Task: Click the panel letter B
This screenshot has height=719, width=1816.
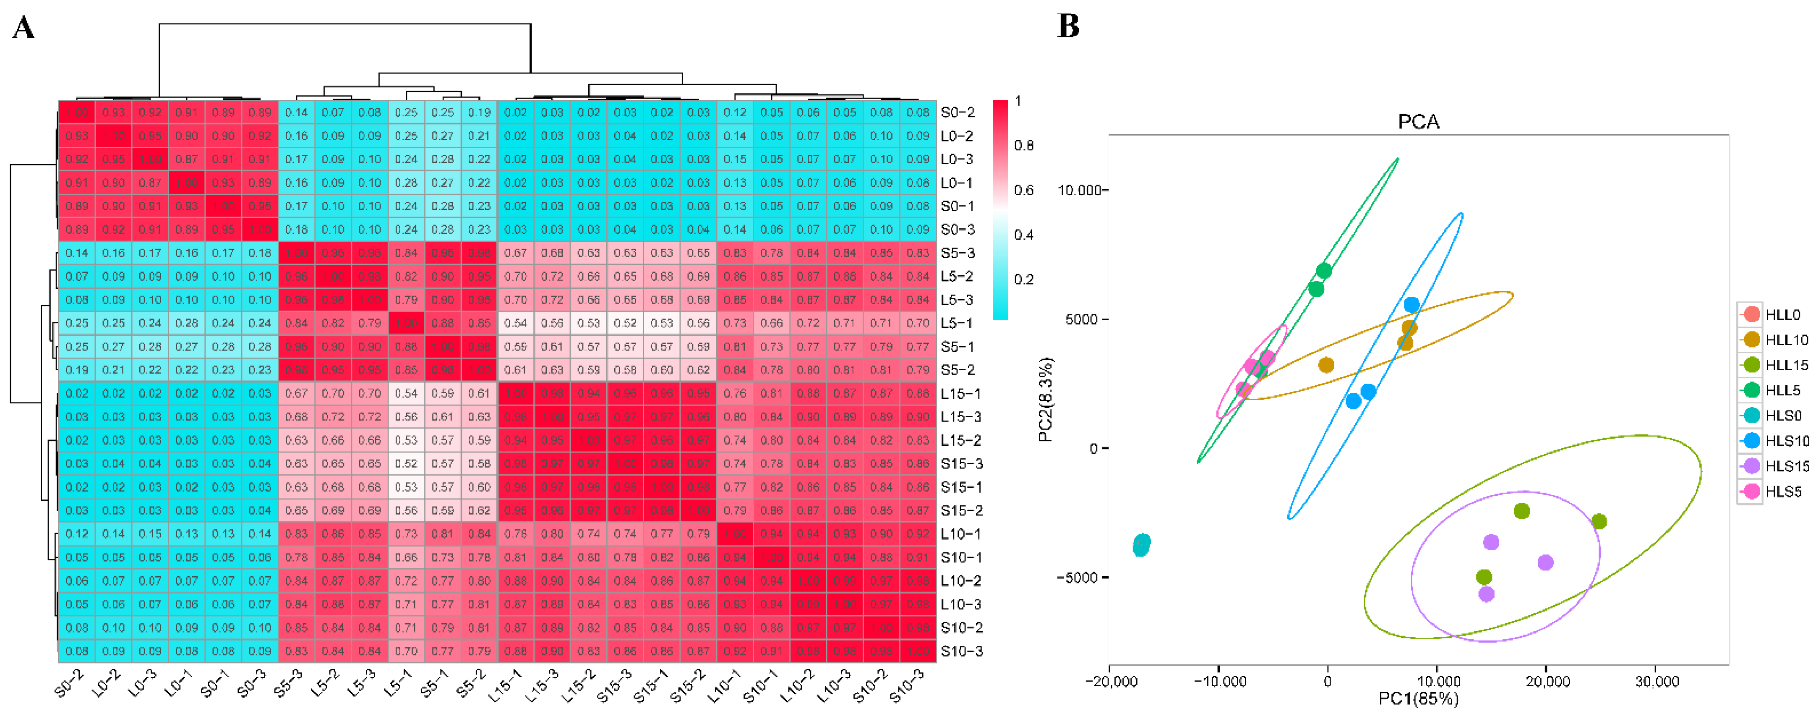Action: [x=1068, y=26]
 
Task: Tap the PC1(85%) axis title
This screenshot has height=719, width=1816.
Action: [x=1418, y=698]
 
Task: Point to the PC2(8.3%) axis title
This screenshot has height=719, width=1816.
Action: [x=1046, y=399]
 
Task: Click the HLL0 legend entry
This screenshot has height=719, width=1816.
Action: [x=1782, y=314]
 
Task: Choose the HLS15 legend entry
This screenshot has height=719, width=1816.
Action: [x=1786, y=466]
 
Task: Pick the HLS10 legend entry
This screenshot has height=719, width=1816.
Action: [x=1786, y=441]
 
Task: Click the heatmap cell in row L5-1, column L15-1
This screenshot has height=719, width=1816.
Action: [x=515, y=323]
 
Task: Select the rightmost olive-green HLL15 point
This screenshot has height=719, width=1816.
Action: [x=1599, y=522]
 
